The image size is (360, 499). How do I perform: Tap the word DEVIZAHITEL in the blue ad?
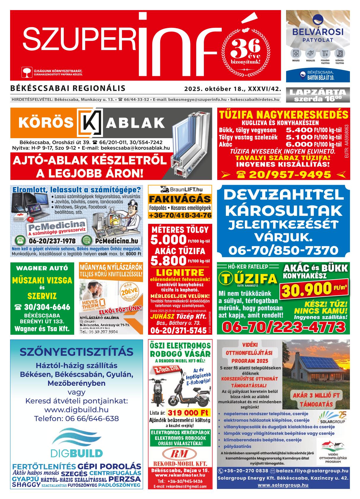pos(283,195)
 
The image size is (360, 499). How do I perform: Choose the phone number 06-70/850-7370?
pos(283,251)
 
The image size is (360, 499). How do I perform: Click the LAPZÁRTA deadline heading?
pos(318,92)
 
